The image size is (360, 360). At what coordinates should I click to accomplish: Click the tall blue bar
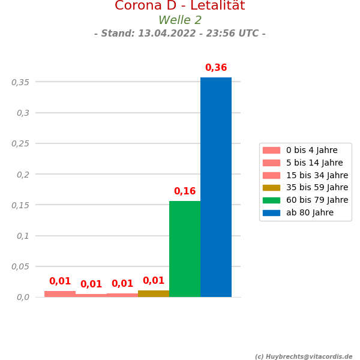(x=216, y=187)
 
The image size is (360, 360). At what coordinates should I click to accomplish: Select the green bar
(x=185, y=249)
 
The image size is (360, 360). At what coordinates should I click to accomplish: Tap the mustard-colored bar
(x=154, y=293)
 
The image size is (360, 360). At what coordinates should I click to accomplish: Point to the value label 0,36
(x=216, y=68)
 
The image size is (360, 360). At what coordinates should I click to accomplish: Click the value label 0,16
(x=185, y=191)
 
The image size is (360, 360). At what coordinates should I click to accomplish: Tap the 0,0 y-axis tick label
(x=23, y=297)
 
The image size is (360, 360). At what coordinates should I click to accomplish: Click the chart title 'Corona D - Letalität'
(x=180, y=6)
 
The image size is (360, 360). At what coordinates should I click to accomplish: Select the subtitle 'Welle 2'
(x=180, y=20)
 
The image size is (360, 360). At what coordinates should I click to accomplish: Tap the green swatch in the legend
(x=271, y=200)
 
